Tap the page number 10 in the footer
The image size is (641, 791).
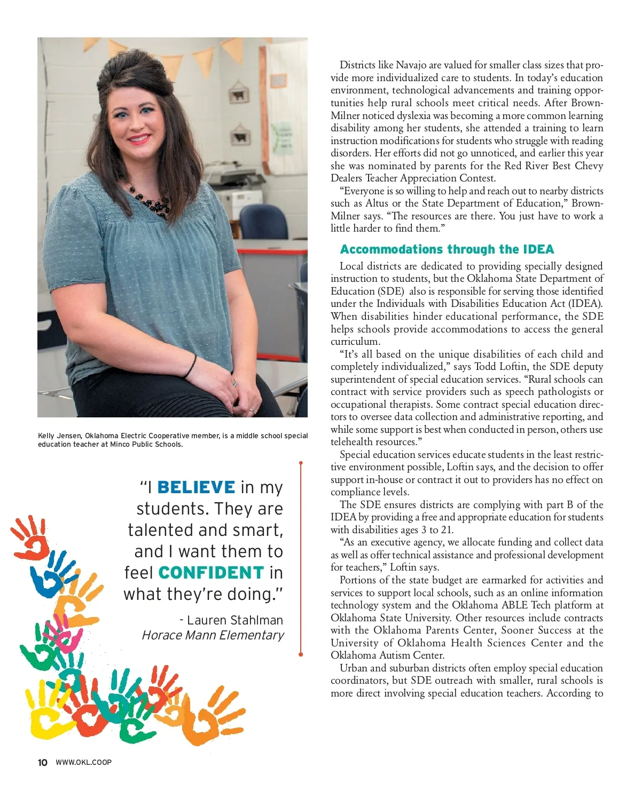point(43,762)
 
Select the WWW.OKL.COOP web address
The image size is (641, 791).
point(83,762)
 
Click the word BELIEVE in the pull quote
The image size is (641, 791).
point(196,487)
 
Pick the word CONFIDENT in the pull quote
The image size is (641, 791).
point(211,573)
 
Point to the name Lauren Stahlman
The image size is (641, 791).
point(235,620)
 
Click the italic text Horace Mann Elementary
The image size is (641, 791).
point(213,635)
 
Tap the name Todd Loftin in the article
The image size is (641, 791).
point(502,367)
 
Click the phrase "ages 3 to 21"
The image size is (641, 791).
point(422,530)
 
